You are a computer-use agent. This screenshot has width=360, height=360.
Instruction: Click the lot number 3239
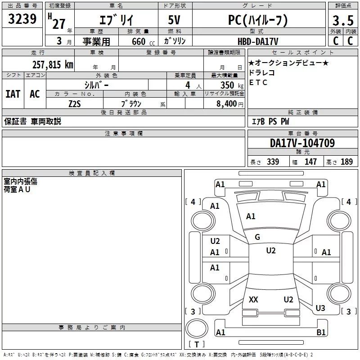[22, 18]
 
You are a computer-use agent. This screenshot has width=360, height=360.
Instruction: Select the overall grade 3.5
[343, 20]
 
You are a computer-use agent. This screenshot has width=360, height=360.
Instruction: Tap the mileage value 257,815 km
[53, 64]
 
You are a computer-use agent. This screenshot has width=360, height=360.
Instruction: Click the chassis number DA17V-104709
[302, 143]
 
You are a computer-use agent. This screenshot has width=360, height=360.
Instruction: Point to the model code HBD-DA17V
[258, 41]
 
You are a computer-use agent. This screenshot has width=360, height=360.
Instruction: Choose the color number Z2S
[75, 104]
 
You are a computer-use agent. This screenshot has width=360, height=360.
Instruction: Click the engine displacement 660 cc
[143, 42]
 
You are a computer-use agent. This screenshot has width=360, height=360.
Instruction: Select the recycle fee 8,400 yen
[230, 104]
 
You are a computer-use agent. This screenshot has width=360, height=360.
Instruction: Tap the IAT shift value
[13, 94]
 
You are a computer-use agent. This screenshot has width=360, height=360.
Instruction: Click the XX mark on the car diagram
[253, 299]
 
